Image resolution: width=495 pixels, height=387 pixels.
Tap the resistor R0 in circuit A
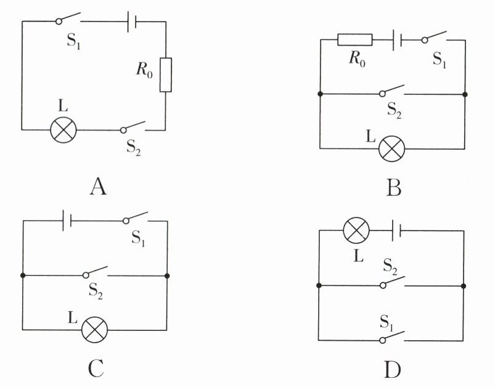pos(165,75)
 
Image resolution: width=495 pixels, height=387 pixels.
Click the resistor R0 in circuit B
pos(355,40)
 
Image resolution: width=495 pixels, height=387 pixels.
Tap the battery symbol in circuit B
pos(398,40)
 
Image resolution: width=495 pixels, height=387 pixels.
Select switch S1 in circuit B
pos(435,39)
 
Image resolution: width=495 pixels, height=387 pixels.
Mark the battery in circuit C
pos(67,219)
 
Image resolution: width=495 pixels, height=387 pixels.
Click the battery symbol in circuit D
pos(398,230)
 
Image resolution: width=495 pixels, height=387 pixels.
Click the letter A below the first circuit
pos(97,185)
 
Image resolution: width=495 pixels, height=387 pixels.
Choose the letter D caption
pos(393,370)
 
